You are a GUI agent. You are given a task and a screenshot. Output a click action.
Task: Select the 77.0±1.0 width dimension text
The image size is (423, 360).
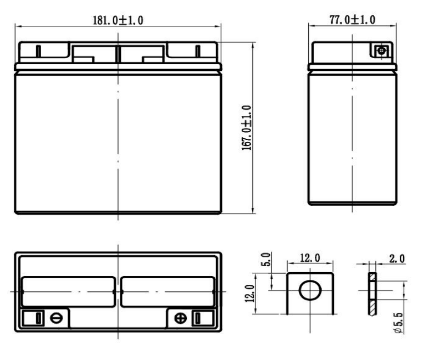point(352,20)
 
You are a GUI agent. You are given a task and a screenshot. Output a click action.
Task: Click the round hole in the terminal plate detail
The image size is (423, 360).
point(309,291)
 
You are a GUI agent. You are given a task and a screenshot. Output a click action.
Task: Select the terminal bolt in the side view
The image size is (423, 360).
point(380,51)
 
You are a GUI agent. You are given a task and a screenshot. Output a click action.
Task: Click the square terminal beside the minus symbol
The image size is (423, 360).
point(38,318)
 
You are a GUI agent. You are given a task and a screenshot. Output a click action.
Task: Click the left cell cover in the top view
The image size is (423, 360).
point(68,291)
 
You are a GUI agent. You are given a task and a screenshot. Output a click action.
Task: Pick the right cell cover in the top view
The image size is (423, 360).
point(168,291)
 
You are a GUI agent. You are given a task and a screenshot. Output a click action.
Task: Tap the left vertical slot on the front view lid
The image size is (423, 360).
point(38,52)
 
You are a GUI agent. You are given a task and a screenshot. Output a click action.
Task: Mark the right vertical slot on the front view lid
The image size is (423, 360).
point(197,52)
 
